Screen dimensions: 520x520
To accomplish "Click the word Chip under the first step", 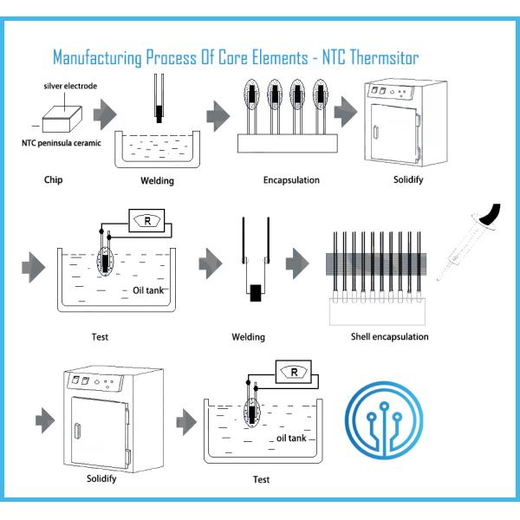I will click(x=52, y=182).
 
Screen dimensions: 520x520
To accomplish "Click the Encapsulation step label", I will click(x=291, y=181).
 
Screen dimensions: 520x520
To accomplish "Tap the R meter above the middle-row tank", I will click(x=148, y=221).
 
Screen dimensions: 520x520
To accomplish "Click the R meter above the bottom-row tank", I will click(x=294, y=374).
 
